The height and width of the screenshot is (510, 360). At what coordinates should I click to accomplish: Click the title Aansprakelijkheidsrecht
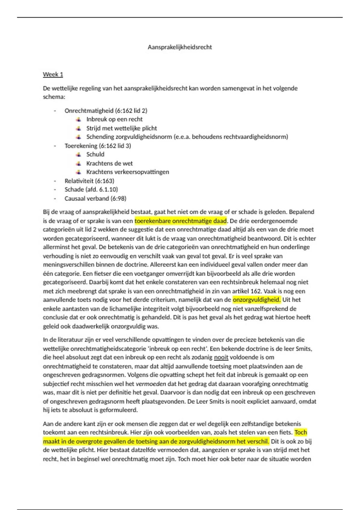[180, 47]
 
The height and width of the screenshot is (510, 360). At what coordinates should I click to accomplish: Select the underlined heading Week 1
[53, 74]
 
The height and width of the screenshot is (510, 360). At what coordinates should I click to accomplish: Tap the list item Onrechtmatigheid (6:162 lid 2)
[106, 111]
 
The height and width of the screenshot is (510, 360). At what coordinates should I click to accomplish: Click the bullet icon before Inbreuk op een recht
[79, 119]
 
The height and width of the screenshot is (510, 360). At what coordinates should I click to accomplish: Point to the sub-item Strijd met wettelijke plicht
[121, 128]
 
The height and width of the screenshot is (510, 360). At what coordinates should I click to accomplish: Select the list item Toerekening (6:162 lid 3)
[97, 146]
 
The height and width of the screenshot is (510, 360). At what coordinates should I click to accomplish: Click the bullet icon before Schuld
[79, 154]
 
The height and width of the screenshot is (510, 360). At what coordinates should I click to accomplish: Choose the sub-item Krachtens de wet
[109, 163]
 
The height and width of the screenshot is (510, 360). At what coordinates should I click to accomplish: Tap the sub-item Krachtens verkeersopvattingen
[127, 172]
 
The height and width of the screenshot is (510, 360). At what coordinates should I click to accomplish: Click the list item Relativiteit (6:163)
[89, 181]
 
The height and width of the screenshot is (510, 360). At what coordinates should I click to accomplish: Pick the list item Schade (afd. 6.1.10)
[91, 190]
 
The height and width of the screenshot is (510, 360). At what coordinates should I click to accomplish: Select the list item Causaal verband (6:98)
[95, 199]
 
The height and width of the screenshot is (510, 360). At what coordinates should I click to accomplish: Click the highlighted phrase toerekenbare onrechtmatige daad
[181, 221]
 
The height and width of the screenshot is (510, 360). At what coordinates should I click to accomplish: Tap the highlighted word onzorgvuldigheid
[256, 300]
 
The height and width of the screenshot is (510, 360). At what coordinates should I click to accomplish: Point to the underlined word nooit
[221, 357]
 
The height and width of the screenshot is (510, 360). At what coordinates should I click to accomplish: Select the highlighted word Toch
[301, 433]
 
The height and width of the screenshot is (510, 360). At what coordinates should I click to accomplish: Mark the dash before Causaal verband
[55, 199]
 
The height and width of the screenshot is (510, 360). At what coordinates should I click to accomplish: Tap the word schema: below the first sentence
[54, 97]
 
